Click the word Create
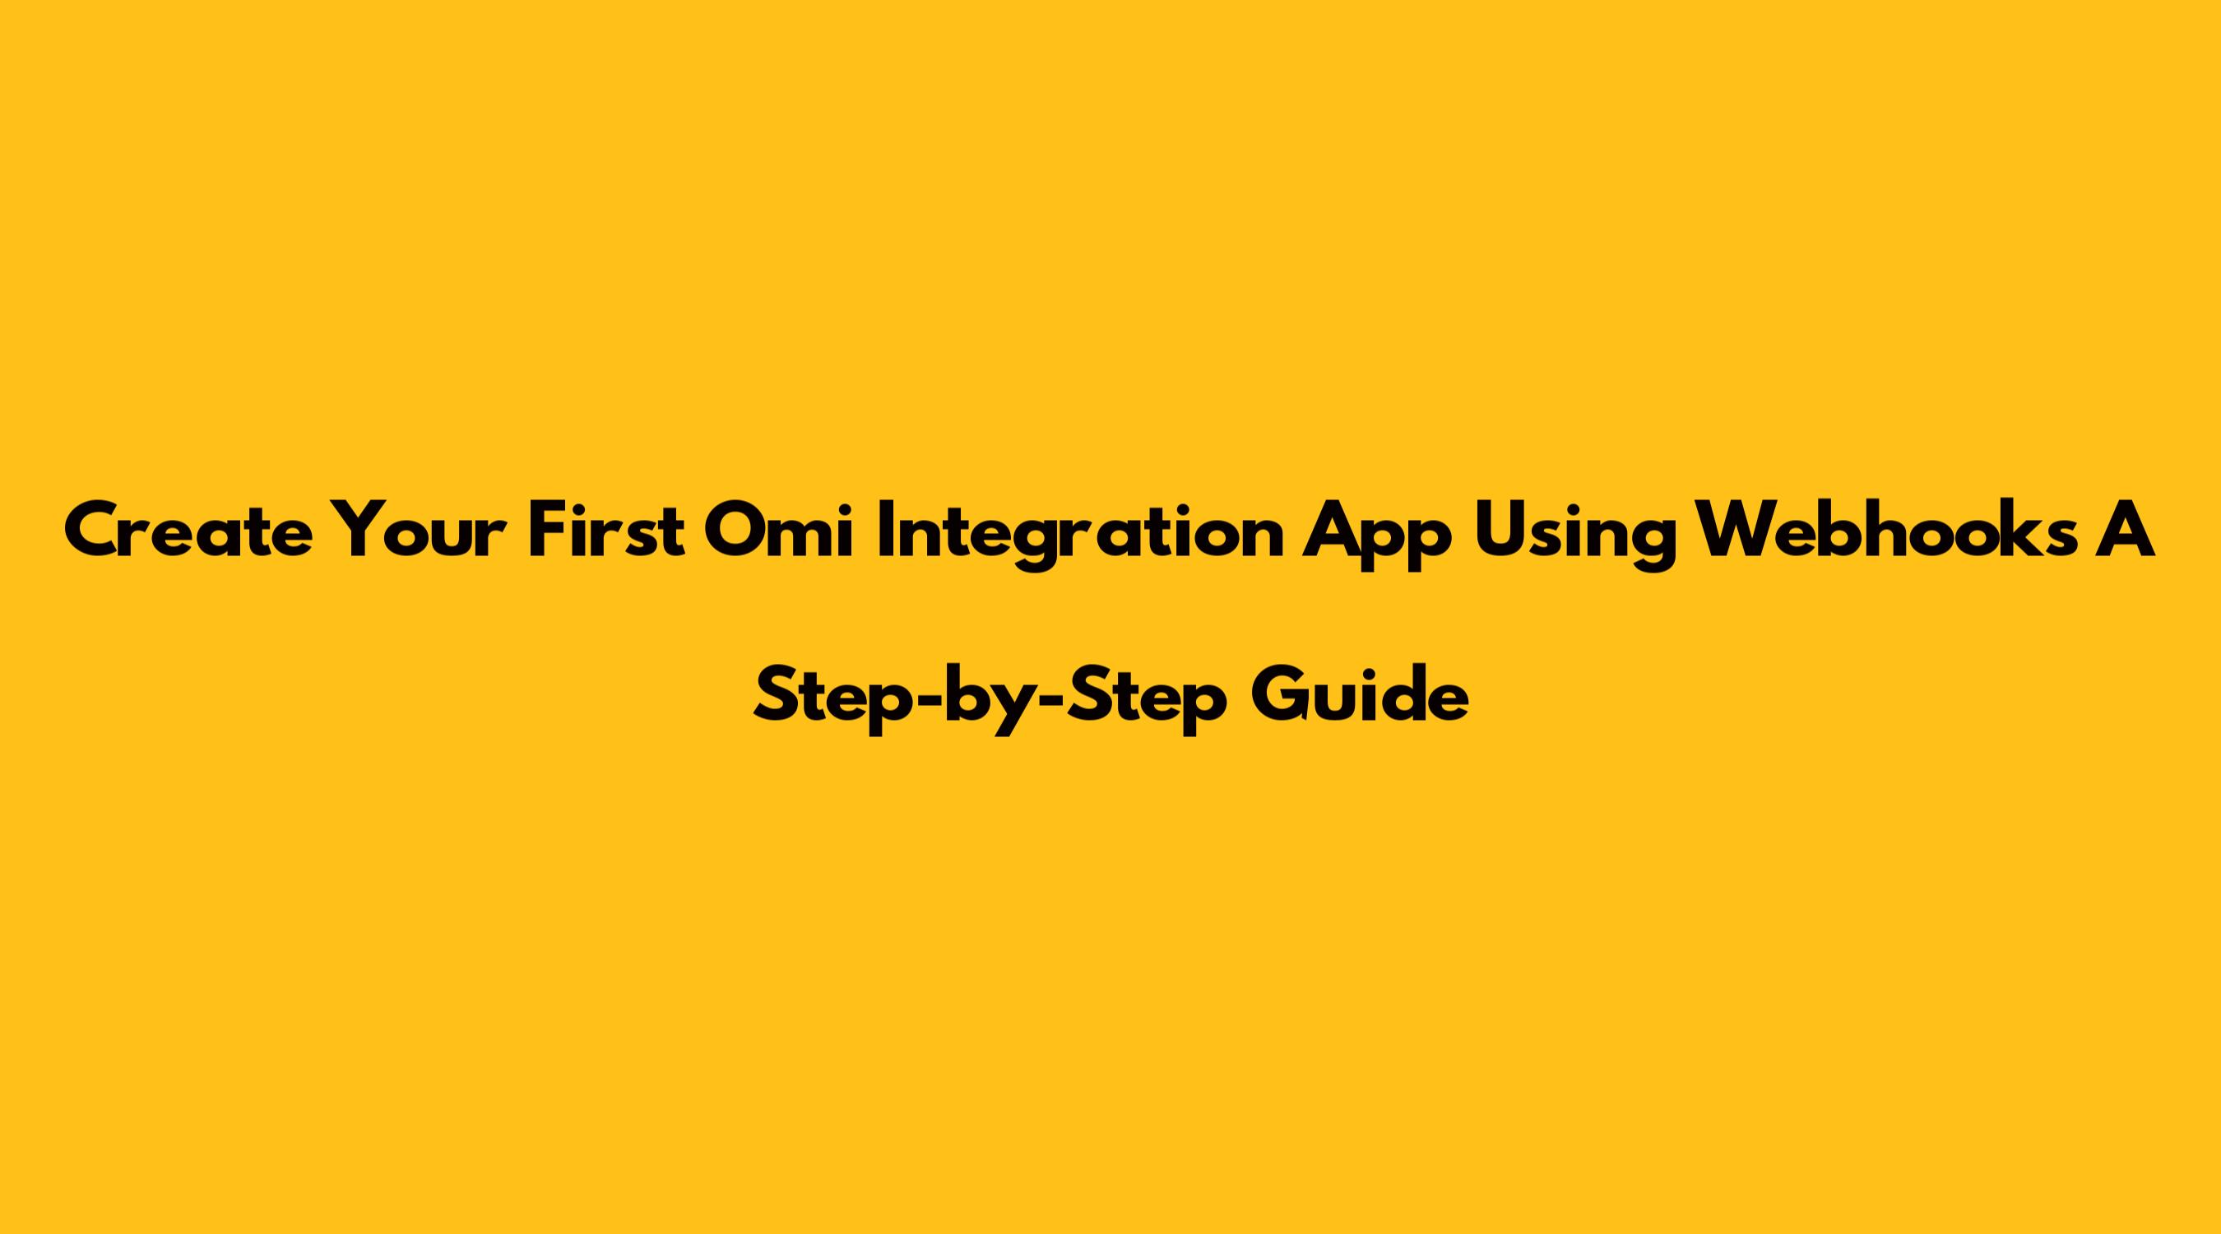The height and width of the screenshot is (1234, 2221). pos(188,531)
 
